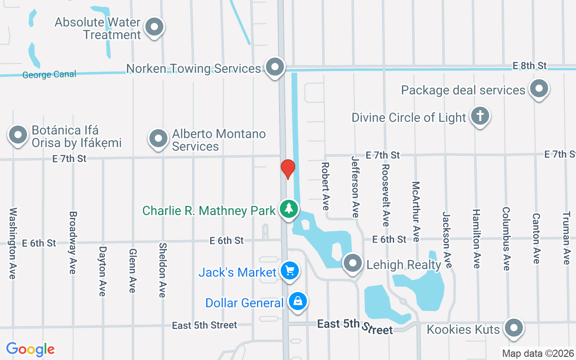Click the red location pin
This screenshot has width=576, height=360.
pyautogui.click(x=288, y=169)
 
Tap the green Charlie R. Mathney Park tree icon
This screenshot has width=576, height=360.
pyautogui.click(x=288, y=208)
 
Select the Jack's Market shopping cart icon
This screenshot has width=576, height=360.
pyautogui.click(x=289, y=270)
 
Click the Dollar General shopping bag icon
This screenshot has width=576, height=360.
pyautogui.click(x=297, y=301)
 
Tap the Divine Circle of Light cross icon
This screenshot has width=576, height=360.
pyautogui.click(x=480, y=116)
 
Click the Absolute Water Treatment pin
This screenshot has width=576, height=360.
pyautogui.click(x=155, y=27)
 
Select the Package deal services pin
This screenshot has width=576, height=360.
pyautogui.click(x=538, y=89)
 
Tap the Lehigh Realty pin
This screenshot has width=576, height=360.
pyautogui.click(x=353, y=263)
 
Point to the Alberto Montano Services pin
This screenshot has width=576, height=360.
pyautogui.click(x=158, y=139)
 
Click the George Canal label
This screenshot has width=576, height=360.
pyautogui.click(x=49, y=75)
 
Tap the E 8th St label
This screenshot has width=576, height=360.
pyautogui.click(x=530, y=66)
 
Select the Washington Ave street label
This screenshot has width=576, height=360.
pyautogui.click(x=13, y=243)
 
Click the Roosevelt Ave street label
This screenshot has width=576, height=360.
pyautogui.click(x=385, y=194)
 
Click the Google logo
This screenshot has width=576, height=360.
pyautogui.click(x=30, y=349)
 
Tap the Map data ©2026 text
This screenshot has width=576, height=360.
pyautogui.click(x=538, y=354)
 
